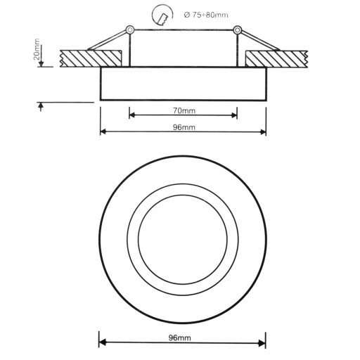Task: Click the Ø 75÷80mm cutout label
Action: [x=206, y=15]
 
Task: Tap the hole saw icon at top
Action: [x=162, y=15]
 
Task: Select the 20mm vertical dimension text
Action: [x=37, y=49]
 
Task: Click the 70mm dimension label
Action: [x=184, y=110]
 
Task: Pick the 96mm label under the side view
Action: [x=184, y=127]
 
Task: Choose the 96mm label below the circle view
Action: [x=180, y=337]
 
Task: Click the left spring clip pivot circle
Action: [x=129, y=30]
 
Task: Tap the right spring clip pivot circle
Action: [x=237, y=30]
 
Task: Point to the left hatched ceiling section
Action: [x=91, y=58]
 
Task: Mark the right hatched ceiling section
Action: [x=276, y=58]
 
